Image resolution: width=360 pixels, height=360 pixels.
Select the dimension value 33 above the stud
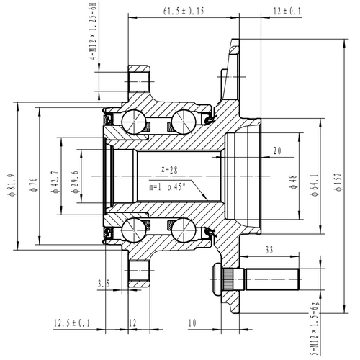click(268, 250)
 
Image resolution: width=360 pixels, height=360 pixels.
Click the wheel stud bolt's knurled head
click(221, 277)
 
